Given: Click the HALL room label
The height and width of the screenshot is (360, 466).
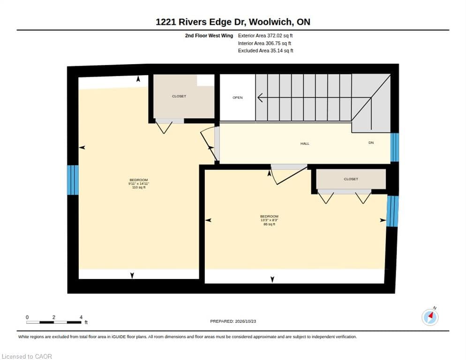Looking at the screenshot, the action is (305, 143).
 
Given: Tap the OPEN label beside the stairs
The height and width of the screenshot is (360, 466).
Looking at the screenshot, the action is (238, 97).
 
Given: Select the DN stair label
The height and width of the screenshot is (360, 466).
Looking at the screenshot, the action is (371, 142).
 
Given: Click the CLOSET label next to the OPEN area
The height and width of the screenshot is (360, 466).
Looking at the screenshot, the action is (179, 96).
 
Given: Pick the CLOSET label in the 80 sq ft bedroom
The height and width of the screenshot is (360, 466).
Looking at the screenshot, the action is (351, 179).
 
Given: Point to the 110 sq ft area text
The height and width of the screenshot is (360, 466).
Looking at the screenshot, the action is (139, 187).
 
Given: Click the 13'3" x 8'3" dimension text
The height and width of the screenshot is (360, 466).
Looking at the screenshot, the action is (269, 220).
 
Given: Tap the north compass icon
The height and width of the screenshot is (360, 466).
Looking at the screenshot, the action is (430, 317).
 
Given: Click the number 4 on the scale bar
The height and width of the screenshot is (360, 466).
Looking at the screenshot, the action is (81, 317).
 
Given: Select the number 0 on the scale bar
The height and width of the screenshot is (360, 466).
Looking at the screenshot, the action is (27, 317).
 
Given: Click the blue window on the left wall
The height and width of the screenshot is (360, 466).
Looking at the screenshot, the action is (73, 180).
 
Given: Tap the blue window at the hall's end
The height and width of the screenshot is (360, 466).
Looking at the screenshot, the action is (394, 147).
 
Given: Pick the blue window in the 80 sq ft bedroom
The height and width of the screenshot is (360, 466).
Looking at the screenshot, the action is (392, 211).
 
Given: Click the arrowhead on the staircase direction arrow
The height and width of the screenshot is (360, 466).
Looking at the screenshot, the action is (260, 97).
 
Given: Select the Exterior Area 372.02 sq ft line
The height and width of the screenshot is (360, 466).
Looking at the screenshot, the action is (265, 36).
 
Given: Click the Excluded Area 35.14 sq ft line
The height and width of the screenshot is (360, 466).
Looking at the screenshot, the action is (265, 51).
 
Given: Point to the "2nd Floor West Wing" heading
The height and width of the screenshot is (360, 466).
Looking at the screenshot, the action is (209, 36).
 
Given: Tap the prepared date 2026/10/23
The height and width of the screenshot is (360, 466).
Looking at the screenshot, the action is (246, 322).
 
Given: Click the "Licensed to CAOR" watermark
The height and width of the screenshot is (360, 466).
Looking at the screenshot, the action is (27, 356).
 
